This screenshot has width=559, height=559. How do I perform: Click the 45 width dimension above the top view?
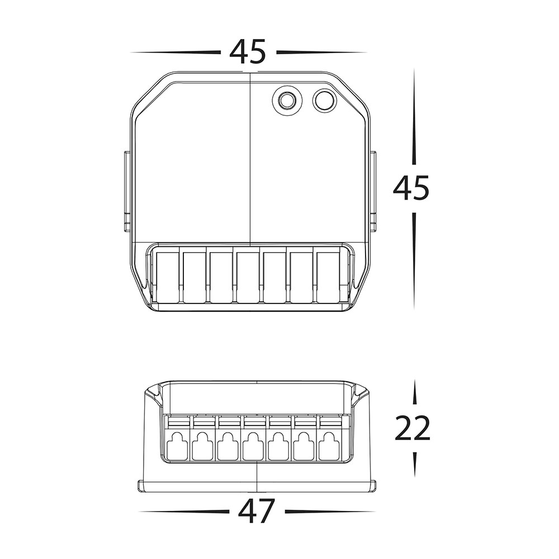[248, 51]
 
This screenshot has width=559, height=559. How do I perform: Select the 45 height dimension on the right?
[411, 188]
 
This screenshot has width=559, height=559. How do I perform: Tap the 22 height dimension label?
[413, 428]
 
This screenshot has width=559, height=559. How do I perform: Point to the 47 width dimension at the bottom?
[257, 511]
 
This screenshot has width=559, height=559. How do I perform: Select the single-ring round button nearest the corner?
[325, 100]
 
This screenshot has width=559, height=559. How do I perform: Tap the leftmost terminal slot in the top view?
[168, 278]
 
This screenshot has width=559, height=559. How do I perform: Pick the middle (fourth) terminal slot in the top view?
[248, 278]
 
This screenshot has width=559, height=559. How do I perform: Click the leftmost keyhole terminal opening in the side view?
[177, 446]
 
